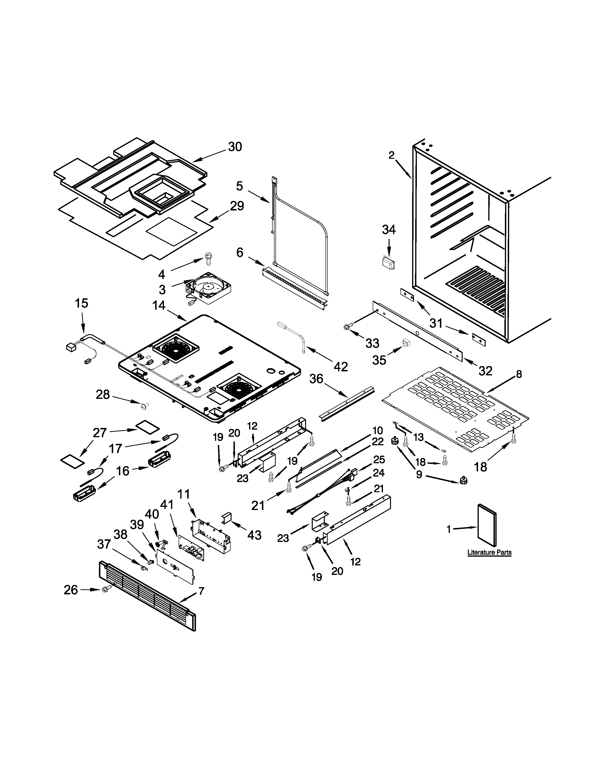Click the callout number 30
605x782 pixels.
(x=235, y=147)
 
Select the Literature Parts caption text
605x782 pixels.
(x=489, y=552)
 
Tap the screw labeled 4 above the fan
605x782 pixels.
(x=208, y=258)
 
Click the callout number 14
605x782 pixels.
(x=159, y=305)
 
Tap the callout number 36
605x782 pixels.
(x=316, y=379)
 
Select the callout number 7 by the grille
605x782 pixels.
(x=201, y=591)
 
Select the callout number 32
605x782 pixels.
(x=485, y=371)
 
